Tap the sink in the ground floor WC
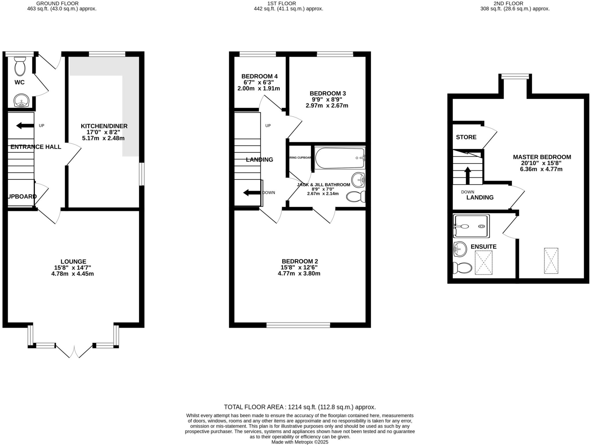coord(21,100)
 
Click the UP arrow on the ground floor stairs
coord(25,126)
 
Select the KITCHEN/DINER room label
coord(104,126)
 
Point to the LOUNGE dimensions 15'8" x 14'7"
coord(72,268)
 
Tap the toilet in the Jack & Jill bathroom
coord(356,197)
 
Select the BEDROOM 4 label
coord(259,76)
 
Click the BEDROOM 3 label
coord(328,94)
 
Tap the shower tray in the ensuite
coord(471,226)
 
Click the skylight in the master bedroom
coord(551,261)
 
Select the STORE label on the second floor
coord(466,137)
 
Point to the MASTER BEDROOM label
coord(542,157)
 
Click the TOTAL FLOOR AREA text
coord(300,407)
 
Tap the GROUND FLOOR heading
coord(57,3)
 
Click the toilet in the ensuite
coord(463,268)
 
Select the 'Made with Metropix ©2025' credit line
coord(300,442)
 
